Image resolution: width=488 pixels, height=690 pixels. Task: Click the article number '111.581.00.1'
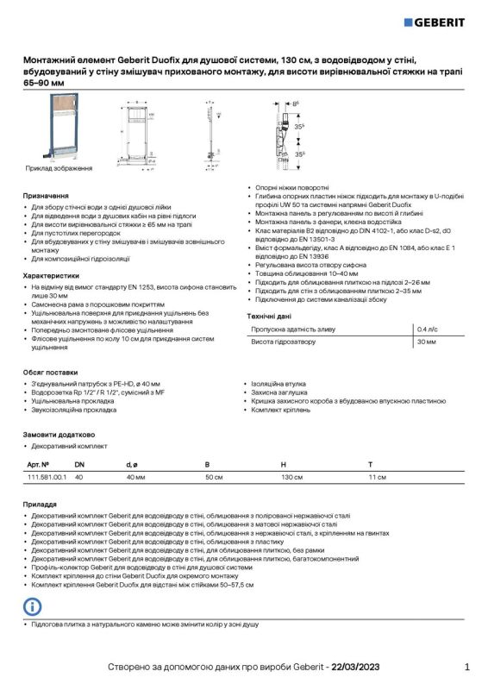pos(47,477)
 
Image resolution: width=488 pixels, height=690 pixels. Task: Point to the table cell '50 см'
pos(213,477)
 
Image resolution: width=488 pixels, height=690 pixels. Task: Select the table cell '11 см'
pos(377,477)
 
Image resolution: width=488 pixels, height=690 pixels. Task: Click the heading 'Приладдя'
pos(41,502)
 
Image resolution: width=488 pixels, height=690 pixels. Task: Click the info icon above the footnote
pos(31,606)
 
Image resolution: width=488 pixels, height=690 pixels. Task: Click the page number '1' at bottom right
pos(466,667)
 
